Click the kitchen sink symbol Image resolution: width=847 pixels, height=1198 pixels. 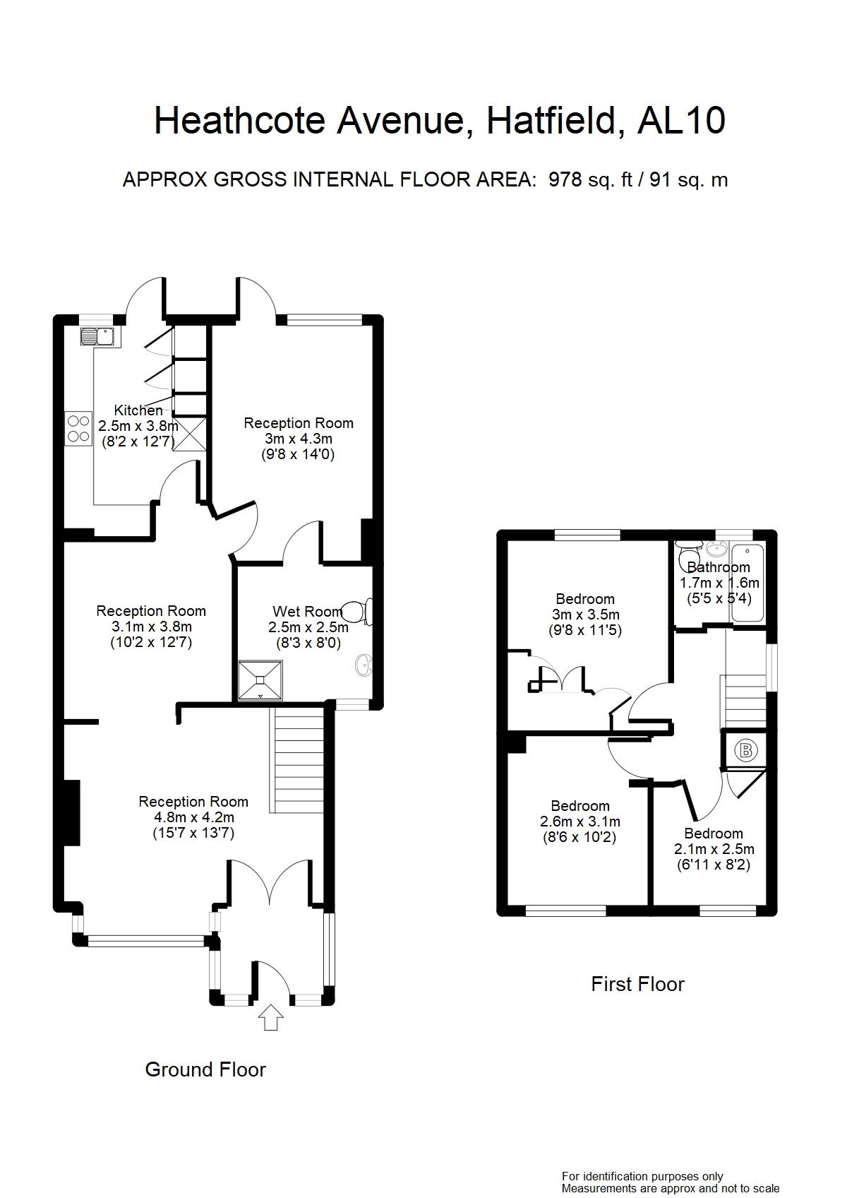(x=97, y=336)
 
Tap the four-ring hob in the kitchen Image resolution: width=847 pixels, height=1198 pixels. (x=78, y=429)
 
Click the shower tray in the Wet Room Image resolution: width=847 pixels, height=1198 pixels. (x=260, y=680)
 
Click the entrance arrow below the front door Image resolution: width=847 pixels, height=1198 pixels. (x=270, y=1018)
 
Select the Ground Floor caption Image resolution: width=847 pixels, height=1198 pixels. (x=205, y=1069)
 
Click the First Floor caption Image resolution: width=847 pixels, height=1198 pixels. (x=637, y=984)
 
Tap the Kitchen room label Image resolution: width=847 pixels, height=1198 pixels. (x=138, y=410)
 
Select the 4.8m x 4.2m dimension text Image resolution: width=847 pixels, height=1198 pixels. (x=193, y=817)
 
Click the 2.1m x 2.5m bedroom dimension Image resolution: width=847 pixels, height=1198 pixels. (x=714, y=849)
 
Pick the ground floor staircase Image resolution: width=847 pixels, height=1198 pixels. (x=296, y=760)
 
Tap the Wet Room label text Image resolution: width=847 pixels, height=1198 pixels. (x=307, y=612)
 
